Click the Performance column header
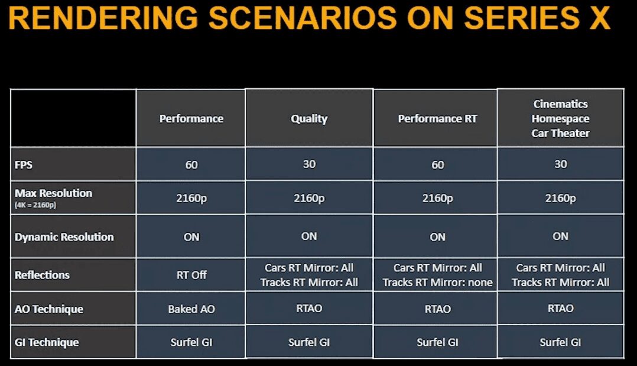point(191,119)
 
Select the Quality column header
point(309,119)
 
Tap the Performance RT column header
point(437,119)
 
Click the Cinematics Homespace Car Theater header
point(560,118)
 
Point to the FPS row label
point(23,165)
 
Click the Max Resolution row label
point(53,193)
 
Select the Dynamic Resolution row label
point(64,237)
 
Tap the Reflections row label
point(42,276)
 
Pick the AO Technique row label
point(48,309)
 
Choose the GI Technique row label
point(47,342)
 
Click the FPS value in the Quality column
point(309,164)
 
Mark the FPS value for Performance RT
point(437,165)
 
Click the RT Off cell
point(191,276)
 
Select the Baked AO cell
point(191,309)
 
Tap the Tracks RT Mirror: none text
point(437,282)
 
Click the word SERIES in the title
point(521,18)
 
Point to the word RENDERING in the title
point(103,18)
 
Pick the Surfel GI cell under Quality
point(309,342)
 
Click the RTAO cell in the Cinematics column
point(560,308)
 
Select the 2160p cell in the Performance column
point(191,198)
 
